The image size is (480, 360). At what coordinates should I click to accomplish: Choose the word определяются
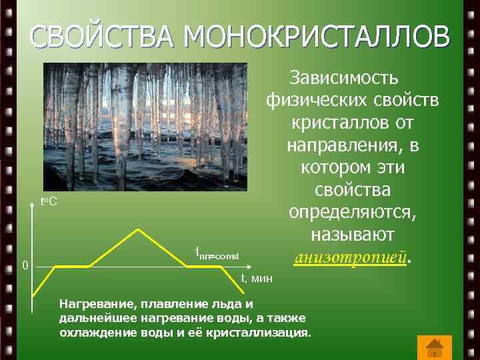pyautogui.click(x=352, y=213)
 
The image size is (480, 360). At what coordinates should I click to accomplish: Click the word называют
pyautogui.click(x=353, y=235)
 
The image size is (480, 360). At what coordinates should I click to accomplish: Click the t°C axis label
pyautogui.click(x=49, y=201)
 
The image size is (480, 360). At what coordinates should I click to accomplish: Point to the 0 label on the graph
pyautogui.click(x=24, y=266)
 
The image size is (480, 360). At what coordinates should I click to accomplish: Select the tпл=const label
pyautogui.click(x=216, y=254)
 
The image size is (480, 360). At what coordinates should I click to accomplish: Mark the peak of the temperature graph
pyautogui.click(x=138, y=229)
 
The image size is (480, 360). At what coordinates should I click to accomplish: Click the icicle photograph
pyautogui.click(x=145, y=127)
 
